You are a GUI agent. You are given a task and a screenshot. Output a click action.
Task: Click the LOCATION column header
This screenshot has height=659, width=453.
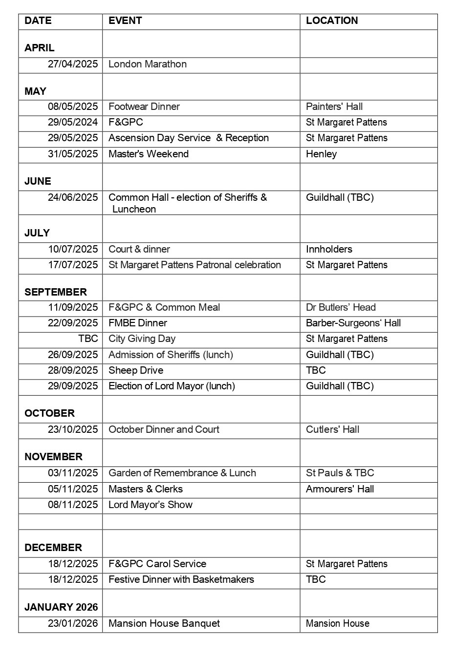(x=332, y=21)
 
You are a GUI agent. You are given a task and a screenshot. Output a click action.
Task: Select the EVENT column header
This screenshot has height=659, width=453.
(x=125, y=21)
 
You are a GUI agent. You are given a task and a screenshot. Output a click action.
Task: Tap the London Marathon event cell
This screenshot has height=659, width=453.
(x=148, y=64)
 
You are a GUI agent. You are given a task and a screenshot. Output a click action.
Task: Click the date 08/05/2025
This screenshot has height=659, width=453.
(x=73, y=106)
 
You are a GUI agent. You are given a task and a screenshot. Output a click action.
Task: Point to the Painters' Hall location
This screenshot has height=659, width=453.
(x=334, y=106)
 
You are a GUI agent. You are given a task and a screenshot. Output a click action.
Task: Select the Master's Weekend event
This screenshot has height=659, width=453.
(x=149, y=154)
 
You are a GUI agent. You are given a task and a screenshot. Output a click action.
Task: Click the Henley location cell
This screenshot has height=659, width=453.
(x=321, y=154)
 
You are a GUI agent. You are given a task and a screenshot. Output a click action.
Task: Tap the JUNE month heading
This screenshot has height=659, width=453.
(x=38, y=181)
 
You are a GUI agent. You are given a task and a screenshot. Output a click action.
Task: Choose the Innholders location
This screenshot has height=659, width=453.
(x=329, y=249)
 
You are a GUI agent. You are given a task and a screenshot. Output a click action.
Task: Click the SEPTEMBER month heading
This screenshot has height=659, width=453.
(x=56, y=292)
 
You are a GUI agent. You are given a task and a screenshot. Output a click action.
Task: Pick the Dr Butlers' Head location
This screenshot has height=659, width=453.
(x=341, y=307)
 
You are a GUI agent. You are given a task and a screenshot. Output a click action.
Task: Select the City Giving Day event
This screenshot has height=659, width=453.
(x=142, y=339)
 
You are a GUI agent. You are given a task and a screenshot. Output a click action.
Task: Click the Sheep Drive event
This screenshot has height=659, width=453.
(x=136, y=370)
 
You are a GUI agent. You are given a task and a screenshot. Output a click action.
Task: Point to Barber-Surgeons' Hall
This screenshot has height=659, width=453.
(x=353, y=323)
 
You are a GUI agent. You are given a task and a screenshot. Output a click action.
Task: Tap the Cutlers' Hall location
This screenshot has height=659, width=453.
(x=332, y=429)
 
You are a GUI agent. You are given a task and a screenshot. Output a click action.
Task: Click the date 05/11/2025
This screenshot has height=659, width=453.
(x=73, y=489)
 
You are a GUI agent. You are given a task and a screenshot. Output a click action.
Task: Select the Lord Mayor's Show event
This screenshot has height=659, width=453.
(x=151, y=505)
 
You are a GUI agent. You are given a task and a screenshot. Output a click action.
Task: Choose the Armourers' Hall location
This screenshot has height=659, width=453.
(x=340, y=489)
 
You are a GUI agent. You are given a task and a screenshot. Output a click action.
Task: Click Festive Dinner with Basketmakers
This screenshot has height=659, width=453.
(x=181, y=579)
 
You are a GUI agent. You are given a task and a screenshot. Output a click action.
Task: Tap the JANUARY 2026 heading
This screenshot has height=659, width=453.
(x=61, y=607)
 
